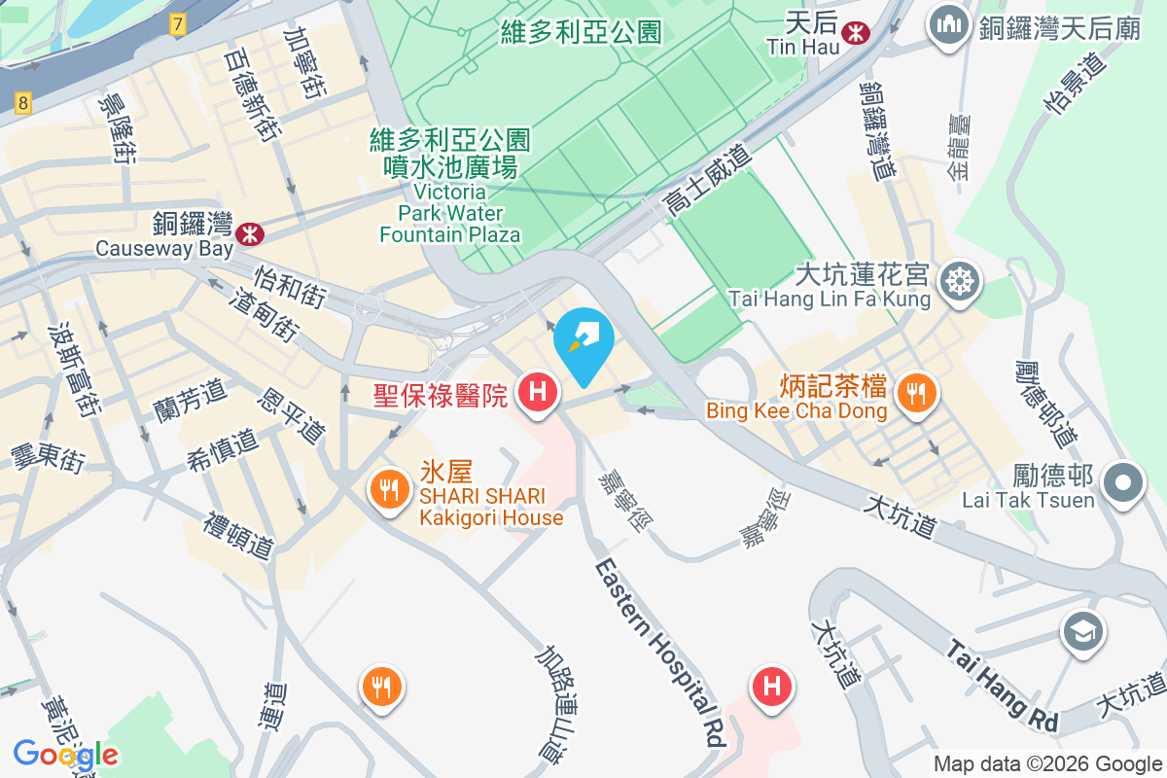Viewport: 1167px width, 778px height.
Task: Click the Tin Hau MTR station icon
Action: click(856, 32)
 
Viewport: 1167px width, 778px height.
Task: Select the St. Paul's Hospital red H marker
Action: click(536, 392)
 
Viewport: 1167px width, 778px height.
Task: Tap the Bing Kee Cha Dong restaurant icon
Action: click(914, 392)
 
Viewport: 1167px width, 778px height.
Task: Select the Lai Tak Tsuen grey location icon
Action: click(1123, 482)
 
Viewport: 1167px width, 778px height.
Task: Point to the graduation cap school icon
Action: click(1082, 632)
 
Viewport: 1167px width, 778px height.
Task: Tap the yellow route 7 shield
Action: click(177, 25)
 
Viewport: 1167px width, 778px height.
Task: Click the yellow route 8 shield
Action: click(24, 101)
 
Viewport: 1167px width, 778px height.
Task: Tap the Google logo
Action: click(65, 755)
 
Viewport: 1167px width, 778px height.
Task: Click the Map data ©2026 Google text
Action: click(1047, 764)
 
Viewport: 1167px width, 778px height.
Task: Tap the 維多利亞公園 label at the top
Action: click(581, 32)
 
